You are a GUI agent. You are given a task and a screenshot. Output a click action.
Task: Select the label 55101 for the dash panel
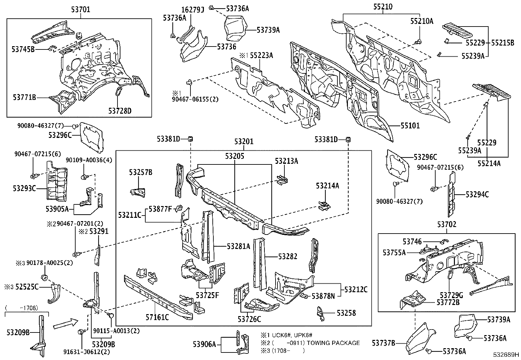[x=409, y=126]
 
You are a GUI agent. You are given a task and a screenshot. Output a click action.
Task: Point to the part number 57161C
[x=157, y=317]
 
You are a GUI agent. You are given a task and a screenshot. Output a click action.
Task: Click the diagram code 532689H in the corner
[x=507, y=355]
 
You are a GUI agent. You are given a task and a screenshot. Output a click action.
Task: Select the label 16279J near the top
[x=193, y=9]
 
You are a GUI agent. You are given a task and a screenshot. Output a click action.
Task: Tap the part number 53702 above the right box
[x=447, y=224]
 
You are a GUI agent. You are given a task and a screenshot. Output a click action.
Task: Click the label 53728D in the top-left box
[x=120, y=111]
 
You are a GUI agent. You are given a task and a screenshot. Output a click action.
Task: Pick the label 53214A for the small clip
[x=327, y=186]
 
